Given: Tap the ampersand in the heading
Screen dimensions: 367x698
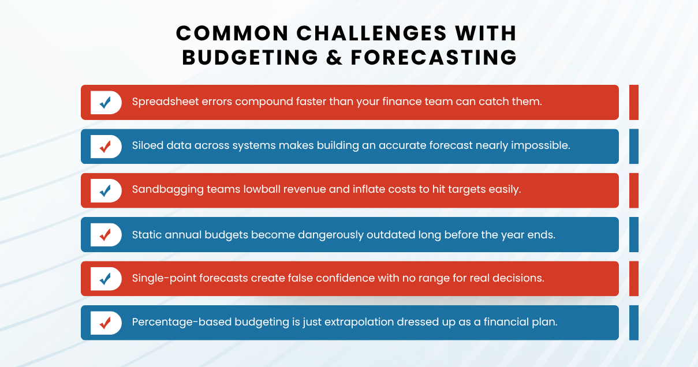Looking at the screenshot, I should coord(334,58).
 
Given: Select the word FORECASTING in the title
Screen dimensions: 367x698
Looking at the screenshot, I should coord(434,58).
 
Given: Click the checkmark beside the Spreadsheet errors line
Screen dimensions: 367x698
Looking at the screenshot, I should coord(106,103).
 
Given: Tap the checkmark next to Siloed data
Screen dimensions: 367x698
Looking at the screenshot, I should coord(106,147).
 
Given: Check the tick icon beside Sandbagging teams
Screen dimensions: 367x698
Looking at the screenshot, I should coord(106,190).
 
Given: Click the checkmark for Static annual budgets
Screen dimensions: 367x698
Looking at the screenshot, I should coord(106,235).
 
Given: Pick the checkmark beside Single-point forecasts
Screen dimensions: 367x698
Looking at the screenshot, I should coord(106,279).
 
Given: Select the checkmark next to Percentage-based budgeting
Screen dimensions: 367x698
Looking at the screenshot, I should coord(106,323).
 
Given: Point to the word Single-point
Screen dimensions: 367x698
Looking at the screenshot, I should coord(165,279).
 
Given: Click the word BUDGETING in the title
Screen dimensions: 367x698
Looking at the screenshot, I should coord(249,58).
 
